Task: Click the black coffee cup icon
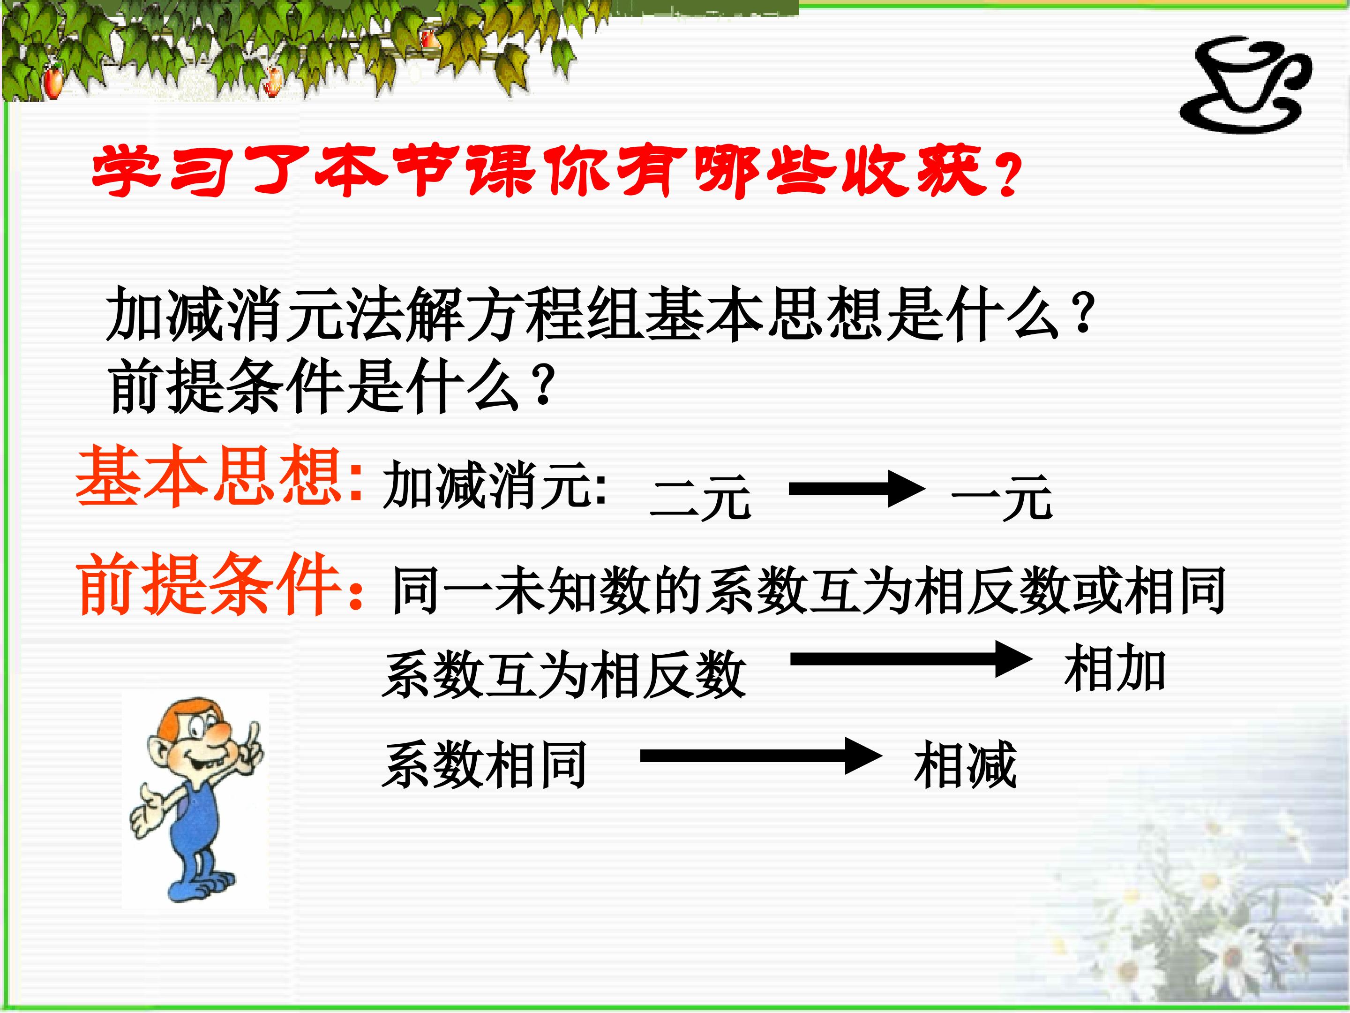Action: pos(1239,85)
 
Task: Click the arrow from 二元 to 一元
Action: pos(857,489)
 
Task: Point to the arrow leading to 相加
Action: pos(911,659)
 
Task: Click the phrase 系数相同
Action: pos(484,764)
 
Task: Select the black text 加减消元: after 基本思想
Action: pos(495,485)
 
